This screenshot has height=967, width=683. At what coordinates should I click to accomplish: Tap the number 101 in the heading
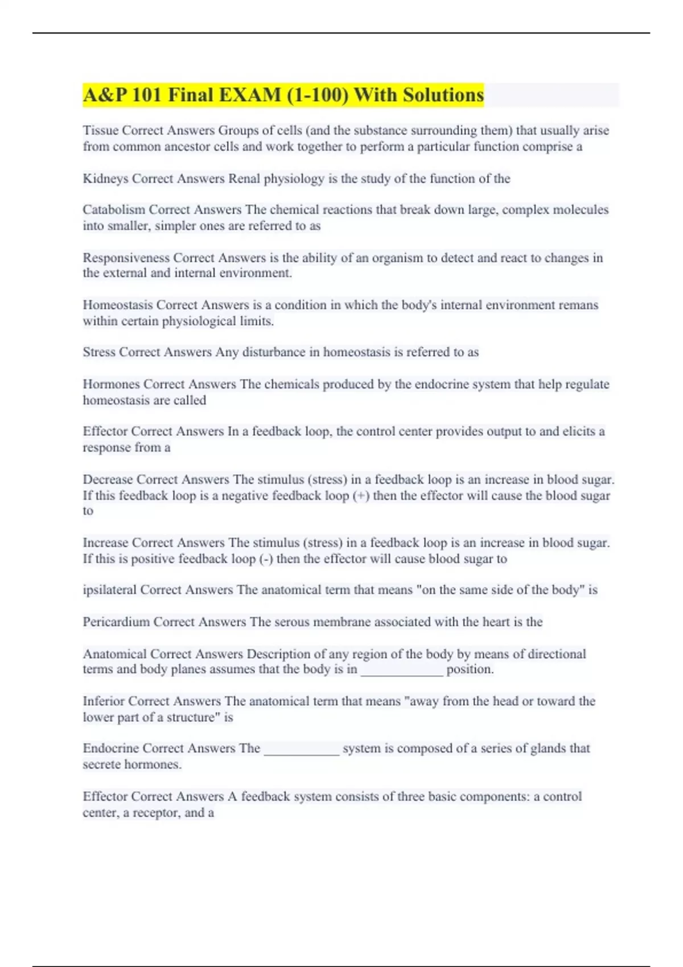147,95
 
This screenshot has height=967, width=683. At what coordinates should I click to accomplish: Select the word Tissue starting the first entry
100,130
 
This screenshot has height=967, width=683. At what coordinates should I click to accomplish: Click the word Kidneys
105,179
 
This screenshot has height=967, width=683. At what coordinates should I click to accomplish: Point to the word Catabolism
114,209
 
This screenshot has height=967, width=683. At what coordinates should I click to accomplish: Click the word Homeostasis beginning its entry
117,305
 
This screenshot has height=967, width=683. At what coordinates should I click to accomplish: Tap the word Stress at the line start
99,352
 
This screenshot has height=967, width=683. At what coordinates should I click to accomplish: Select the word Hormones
111,384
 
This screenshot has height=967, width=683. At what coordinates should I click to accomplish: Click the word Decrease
108,480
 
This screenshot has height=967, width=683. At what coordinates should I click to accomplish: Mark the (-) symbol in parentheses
266,559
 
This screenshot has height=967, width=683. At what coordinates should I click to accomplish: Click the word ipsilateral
109,590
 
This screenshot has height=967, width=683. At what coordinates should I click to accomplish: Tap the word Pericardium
116,622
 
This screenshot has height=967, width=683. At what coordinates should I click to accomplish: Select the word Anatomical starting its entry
114,654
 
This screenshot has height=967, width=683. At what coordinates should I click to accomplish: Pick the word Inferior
103,701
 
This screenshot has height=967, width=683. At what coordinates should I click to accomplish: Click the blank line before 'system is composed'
302,750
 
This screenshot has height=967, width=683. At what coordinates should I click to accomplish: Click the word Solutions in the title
443,95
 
